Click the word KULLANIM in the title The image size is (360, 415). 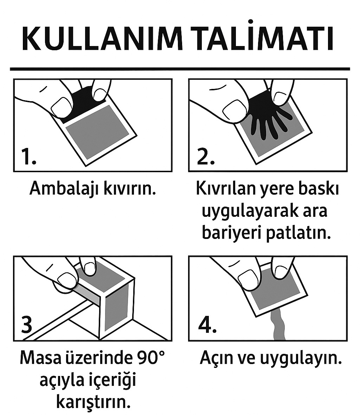click(102, 39)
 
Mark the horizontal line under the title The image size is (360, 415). click(180, 69)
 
